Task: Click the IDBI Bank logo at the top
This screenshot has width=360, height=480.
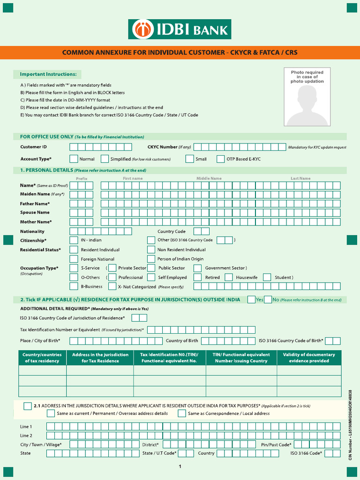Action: [x=180, y=29]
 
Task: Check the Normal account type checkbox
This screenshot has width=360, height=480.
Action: [x=74, y=159]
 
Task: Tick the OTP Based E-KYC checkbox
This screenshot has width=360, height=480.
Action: [x=220, y=159]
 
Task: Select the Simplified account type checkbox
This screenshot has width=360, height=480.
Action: [x=105, y=159]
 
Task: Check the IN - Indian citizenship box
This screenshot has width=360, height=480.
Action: [x=74, y=240]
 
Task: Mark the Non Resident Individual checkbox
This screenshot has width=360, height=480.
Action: [x=150, y=249]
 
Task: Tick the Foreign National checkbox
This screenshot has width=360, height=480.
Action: [x=74, y=259]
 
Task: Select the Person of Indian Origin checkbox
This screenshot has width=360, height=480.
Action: [x=150, y=259]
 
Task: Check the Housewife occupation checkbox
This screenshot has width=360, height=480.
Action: [x=229, y=277]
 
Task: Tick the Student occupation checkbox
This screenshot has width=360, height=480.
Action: [x=267, y=277]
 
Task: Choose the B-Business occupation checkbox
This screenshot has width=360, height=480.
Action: [x=74, y=286]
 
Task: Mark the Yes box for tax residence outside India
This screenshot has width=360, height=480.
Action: [x=251, y=300]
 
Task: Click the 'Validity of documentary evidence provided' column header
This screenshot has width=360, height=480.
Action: [x=309, y=358]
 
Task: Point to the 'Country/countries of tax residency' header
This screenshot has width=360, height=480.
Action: [x=42, y=358]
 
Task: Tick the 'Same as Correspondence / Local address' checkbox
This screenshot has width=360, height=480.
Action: [x=182, y=413]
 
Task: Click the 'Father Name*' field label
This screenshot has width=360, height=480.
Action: [x=35, y=204]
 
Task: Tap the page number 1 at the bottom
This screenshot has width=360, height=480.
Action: [x=180, y=466]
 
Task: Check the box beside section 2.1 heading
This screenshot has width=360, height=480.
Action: [x=28, y=405]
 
